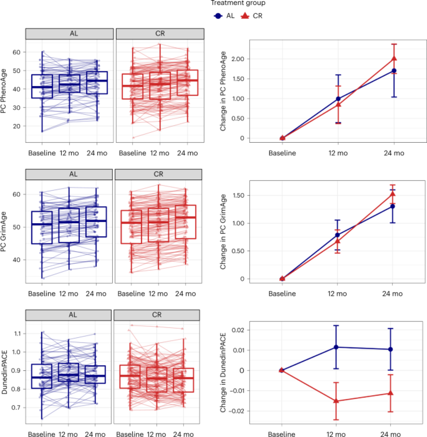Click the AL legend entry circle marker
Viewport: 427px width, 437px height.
click(218, 16)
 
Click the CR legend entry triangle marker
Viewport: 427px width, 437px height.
click(245, 16)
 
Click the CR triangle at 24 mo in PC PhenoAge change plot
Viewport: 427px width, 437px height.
click(394, 59)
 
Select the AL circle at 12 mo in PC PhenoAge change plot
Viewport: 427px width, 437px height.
click(338, 99)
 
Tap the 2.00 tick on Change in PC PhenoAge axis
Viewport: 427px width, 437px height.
click(238, 59)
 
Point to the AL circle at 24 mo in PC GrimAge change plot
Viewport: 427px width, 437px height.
click(393, 206)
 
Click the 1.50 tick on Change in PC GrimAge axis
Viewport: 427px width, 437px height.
click(238, 195)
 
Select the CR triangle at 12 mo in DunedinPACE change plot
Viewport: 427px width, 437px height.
click(336, 401)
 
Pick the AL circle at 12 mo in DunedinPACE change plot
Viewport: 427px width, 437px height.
click(336, 347)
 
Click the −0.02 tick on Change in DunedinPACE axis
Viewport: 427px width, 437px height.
click(236, 411)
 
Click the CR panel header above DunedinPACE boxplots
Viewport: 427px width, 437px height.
click(157, 315)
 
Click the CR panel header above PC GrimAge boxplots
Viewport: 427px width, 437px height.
click(158, 174)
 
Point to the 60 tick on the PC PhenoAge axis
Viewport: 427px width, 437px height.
click(17, 52)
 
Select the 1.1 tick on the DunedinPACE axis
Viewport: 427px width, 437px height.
click(17, 334)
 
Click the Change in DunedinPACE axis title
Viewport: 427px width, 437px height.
click(223, 372)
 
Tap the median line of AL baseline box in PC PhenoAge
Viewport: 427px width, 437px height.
click(42, 87)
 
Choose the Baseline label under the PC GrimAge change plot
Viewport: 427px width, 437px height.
click(282, 294)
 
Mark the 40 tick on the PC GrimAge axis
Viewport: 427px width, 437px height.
click(17, 260)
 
